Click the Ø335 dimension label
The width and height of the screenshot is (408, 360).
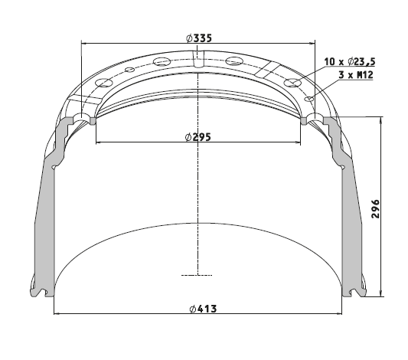pyautogui.click(x=199, y=38)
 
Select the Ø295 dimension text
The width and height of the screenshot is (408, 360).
pyautogui.click(x=197, y=137)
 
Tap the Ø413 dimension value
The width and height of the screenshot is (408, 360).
pyautogui.click(x=203, y=309)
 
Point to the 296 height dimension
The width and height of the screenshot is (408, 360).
pyautogui.click(x=376, y=209)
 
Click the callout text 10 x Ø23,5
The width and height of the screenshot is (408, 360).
pyautogui.click(x=350, y=62)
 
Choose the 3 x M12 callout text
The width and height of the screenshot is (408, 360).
pyautogui.click(x=356, y=75)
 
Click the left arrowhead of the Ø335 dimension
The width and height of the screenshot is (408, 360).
pyautogui.click(x=83, y=43)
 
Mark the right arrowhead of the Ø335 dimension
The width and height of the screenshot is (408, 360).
pyautogui.click(x=312, y=43)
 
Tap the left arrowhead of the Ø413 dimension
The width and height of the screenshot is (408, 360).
pyautogui.click(x=57, y=313)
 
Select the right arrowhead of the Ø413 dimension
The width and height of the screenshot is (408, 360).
pyautogui.click(x=339, y=313)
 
